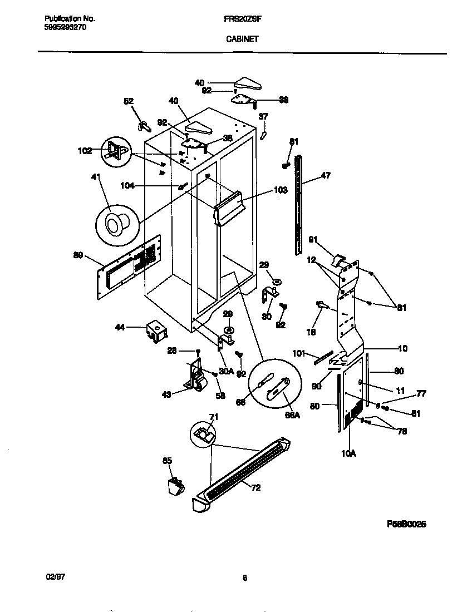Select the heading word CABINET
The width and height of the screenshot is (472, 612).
(242, 39)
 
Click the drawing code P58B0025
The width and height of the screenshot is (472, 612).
(406, 524)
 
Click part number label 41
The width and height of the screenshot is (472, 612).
(96, 177)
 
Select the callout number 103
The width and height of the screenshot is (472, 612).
(281, 190)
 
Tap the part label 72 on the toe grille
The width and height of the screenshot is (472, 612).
(255, 488)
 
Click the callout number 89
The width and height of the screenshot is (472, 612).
(78, 255)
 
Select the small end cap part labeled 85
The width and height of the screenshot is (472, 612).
(175, 486)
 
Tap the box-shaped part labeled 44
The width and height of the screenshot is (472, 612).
(155, 330)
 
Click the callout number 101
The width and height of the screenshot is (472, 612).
(298, 352)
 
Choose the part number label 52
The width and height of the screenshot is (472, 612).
(129, 101)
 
